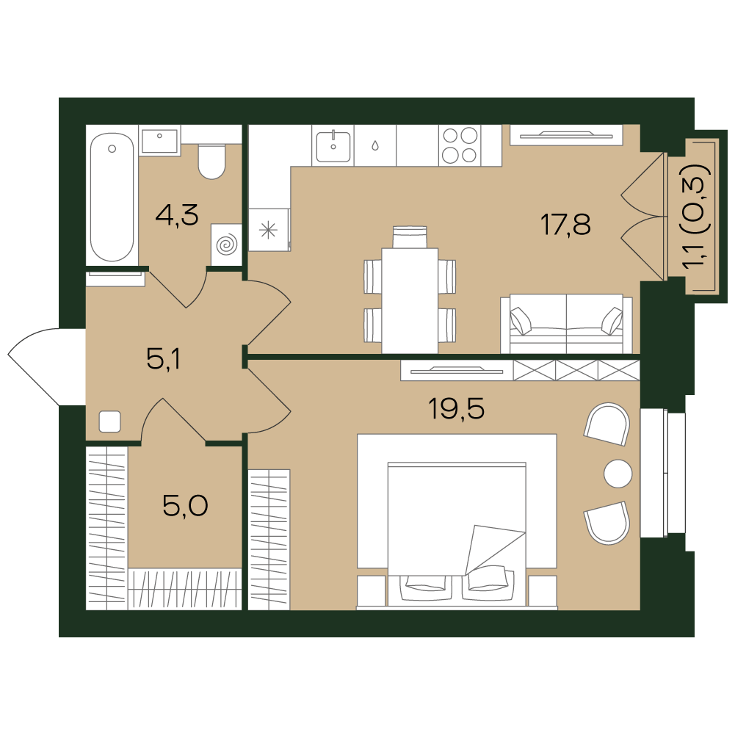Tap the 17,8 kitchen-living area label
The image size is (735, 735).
tap(565, 224)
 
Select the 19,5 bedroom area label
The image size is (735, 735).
tap(456, 408)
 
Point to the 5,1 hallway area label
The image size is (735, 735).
tap(163, 359)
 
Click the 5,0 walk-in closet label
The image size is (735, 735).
tap(185, 505)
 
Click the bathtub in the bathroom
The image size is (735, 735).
tap(112, 197)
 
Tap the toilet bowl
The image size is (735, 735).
tap(212, 162)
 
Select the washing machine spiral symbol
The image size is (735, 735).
tap(226, 245)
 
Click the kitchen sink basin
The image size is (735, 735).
tap(333, 147)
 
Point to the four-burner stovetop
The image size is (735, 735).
tap(460, 145)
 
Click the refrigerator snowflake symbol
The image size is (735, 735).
tap(269, 230)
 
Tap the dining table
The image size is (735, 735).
tap(410, 300)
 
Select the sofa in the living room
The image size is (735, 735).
tap(566, 323)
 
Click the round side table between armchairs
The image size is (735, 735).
tap(618, 474)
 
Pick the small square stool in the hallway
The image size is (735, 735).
tap(110, 421)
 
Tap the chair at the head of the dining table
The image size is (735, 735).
tap(410, 236)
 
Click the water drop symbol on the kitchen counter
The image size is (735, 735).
tap(375, 146)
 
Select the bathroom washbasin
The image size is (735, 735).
tap(160, 140)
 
